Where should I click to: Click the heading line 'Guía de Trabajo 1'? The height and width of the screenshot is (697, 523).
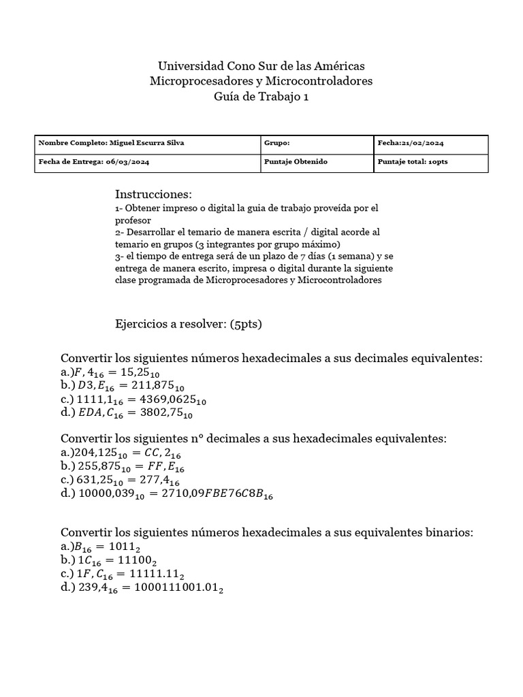pos(261,97)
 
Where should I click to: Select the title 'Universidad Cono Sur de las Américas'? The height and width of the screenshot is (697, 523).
pos(261,66)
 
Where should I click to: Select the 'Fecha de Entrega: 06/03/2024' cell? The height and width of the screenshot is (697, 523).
pos(94,163)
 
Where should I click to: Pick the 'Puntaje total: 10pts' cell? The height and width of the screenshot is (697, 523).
pos(412,163)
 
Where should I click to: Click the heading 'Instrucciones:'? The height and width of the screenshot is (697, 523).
pos(154,195)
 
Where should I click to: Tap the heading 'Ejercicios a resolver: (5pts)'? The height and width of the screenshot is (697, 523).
pos(189,324)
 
